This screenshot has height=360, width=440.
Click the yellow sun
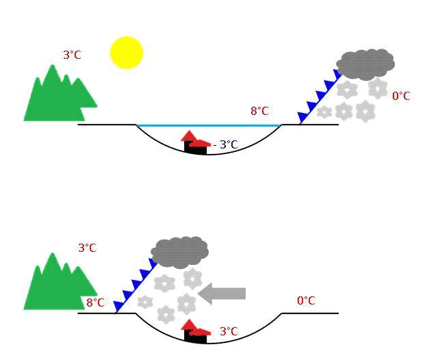click(127, 53)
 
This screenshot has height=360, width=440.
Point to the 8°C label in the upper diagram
click(259, 111)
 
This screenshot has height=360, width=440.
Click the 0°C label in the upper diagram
click(401, 96)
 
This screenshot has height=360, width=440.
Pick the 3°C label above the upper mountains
click(72, 55)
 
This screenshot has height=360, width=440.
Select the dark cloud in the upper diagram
click(365, 64)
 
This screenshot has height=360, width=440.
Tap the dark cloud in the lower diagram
click(179, 252)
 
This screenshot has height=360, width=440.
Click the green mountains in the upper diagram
click(58, 97)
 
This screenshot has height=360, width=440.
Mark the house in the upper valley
click(195, 144)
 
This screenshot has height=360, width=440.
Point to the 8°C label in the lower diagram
click(95, 302)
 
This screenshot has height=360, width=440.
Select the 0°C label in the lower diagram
click(306, 300)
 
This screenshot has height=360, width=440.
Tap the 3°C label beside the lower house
click(228, 331)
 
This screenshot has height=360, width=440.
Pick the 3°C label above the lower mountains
click(87, 248)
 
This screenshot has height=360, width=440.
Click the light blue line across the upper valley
click(209, 125)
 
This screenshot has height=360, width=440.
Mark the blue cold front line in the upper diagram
click(319, 98)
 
